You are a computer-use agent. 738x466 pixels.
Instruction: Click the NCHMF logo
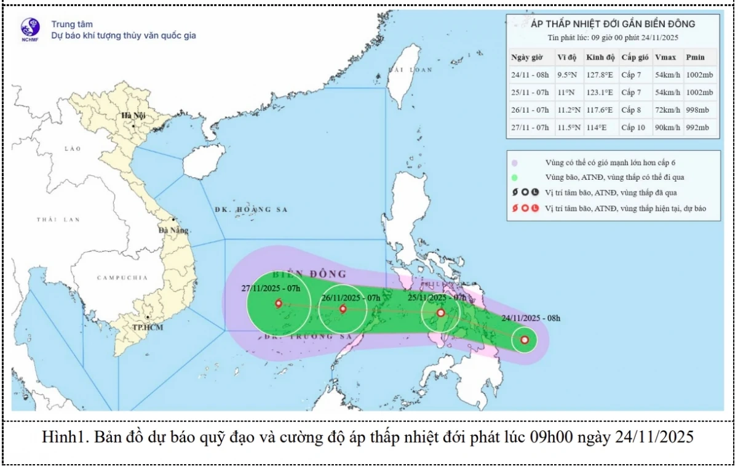tap(30, 29)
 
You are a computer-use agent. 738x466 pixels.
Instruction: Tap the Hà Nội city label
tap(133, 115)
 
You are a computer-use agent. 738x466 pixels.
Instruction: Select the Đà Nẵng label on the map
tap(172, 230)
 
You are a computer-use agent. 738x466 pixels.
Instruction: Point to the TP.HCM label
tap(148, 327)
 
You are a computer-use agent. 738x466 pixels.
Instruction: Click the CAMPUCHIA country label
tap(122, 278)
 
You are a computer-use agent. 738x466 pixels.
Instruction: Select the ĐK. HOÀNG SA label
tap(251, 210)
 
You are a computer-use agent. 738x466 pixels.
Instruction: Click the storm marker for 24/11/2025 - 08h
tap(524, 339)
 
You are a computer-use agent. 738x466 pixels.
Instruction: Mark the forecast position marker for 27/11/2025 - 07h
tap(279, 303)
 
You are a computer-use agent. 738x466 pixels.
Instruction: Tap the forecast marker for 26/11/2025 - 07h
tap(343, 308)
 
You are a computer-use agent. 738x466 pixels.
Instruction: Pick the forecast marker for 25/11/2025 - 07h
tap(441, 313)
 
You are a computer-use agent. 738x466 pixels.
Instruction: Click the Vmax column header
tap(665, 57)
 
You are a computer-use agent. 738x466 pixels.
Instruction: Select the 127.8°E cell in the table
tap(600, 75)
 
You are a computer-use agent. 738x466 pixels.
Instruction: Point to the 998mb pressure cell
tap(699, 110)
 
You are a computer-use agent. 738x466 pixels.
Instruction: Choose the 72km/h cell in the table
tap(667, 110)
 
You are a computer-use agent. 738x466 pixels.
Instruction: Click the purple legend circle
tap(515, 163)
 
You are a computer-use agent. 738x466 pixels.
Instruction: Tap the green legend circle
tap(515, 177)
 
